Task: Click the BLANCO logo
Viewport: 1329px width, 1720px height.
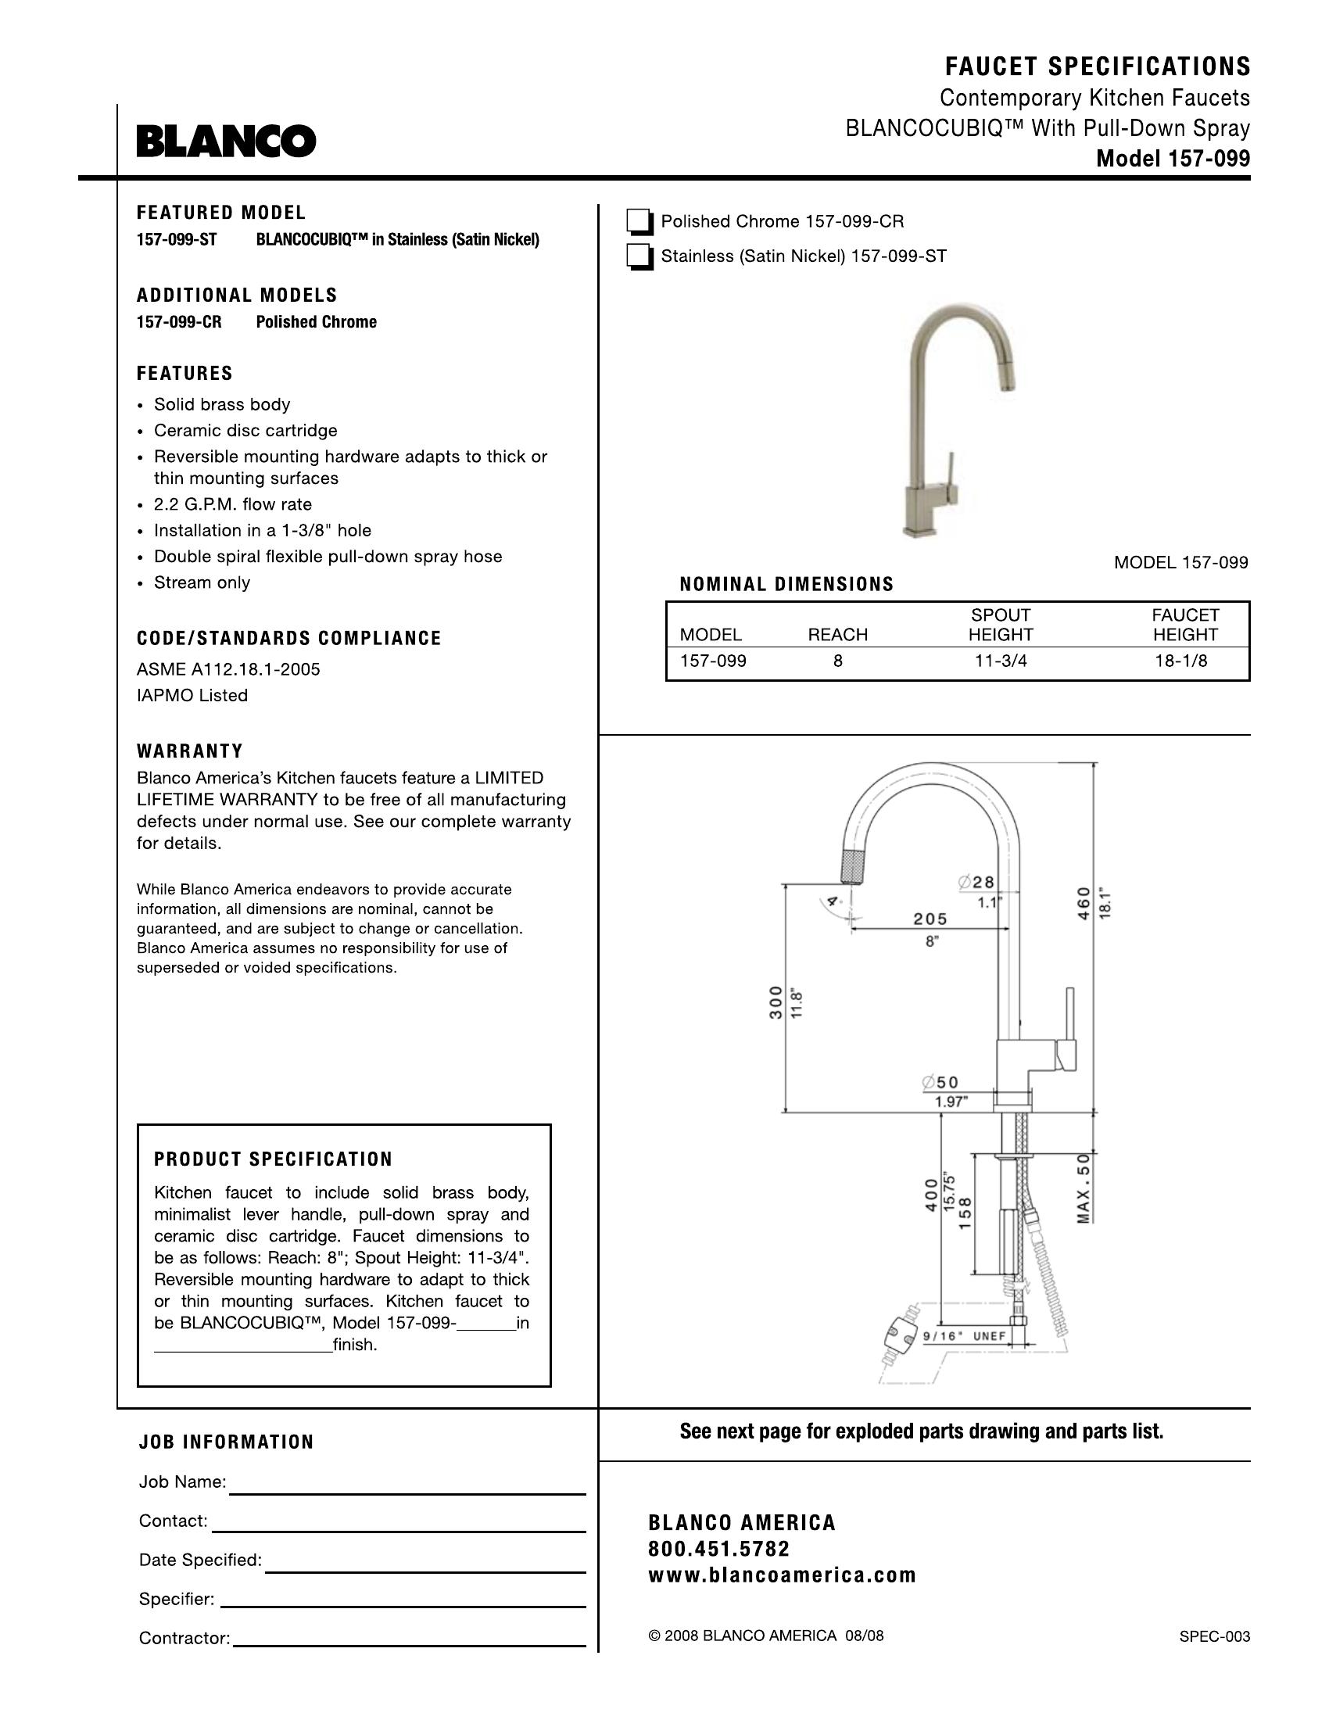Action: click(x=226, y=142)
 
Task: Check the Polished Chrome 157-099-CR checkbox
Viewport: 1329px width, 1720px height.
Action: click(x=639, y=223)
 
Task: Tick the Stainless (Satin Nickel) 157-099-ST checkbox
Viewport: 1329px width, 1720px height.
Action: click(x=639, y=257)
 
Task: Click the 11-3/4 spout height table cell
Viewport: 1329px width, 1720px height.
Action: click(x=1001, y=661)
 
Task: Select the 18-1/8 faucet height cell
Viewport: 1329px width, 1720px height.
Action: click(x=1181, y=661)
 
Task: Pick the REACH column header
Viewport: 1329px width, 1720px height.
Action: click(x=838, y=635)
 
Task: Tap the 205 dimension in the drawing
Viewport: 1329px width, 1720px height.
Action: click(x=930, y=919)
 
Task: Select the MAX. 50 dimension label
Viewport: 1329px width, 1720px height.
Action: click(x=1084, y=1188)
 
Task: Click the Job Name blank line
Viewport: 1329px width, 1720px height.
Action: click(x=407, y=1493)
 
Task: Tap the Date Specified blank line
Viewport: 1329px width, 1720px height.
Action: click(x=425, y=1571)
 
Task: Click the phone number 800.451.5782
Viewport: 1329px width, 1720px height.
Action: click(x=718, y=1549)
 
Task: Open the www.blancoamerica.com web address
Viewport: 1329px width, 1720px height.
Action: click(x=782, y=1575)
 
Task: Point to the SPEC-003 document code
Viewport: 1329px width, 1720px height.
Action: click(x=1214, y=1636)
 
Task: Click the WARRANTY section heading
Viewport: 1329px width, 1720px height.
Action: click(x=190, y=751)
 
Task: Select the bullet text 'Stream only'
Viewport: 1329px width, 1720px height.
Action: click(x=202, y=582)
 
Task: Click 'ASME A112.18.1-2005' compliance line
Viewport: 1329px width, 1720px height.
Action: click(x=228, y=670)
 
